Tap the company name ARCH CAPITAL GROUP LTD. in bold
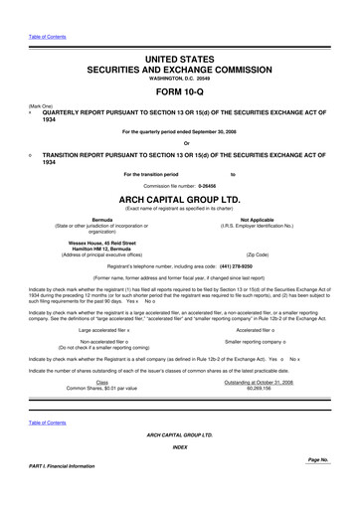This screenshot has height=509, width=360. pyautogui.click(x=180, y=199)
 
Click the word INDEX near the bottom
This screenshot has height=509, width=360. pyautogui.click(x=180, y=447)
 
